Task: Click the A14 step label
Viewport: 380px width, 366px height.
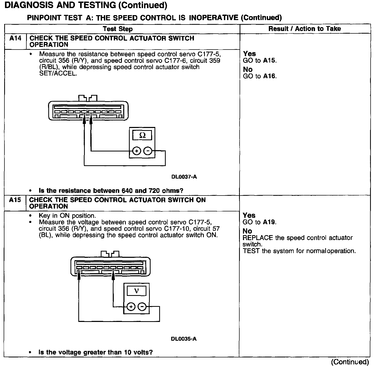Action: click(15, 38)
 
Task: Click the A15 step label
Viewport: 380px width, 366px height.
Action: click(15, 200)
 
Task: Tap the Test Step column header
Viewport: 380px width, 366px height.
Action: click(118, 29)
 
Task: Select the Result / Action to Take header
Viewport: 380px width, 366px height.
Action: click(305, 29)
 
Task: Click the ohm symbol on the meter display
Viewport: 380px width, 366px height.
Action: click(142, 135)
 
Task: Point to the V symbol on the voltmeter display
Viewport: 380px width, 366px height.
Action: click(136, 291)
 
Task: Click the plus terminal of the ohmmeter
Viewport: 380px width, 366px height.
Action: click(136, 151)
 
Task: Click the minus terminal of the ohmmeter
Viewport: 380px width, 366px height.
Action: click(148, 151)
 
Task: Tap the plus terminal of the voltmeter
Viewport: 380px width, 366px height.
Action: click(131, 307)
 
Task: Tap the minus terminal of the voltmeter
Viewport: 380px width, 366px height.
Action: click(142, 307)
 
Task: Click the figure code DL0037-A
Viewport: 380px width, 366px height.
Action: click(184, 177)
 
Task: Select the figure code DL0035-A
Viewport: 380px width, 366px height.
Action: click(184, 339)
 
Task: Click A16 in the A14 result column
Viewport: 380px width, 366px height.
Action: click(270, 76)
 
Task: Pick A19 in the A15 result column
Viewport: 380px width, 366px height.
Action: click(269, 222)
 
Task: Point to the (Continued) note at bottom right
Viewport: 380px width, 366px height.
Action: click(350, 362)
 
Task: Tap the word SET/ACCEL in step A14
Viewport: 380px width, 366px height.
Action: click(58, 73)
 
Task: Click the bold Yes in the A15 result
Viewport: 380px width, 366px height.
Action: click(249, 215)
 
